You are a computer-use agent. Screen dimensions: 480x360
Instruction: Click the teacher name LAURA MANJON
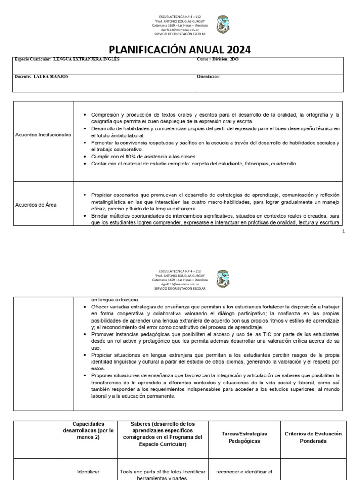tap(52, 76)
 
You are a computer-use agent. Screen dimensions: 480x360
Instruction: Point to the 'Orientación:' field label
tap(209, 76)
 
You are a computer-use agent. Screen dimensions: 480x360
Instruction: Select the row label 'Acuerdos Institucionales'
tap(43, 135)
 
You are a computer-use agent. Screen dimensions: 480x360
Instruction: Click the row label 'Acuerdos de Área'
tap(36, 204)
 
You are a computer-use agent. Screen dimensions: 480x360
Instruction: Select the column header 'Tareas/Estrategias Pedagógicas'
tap(240, 437)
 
